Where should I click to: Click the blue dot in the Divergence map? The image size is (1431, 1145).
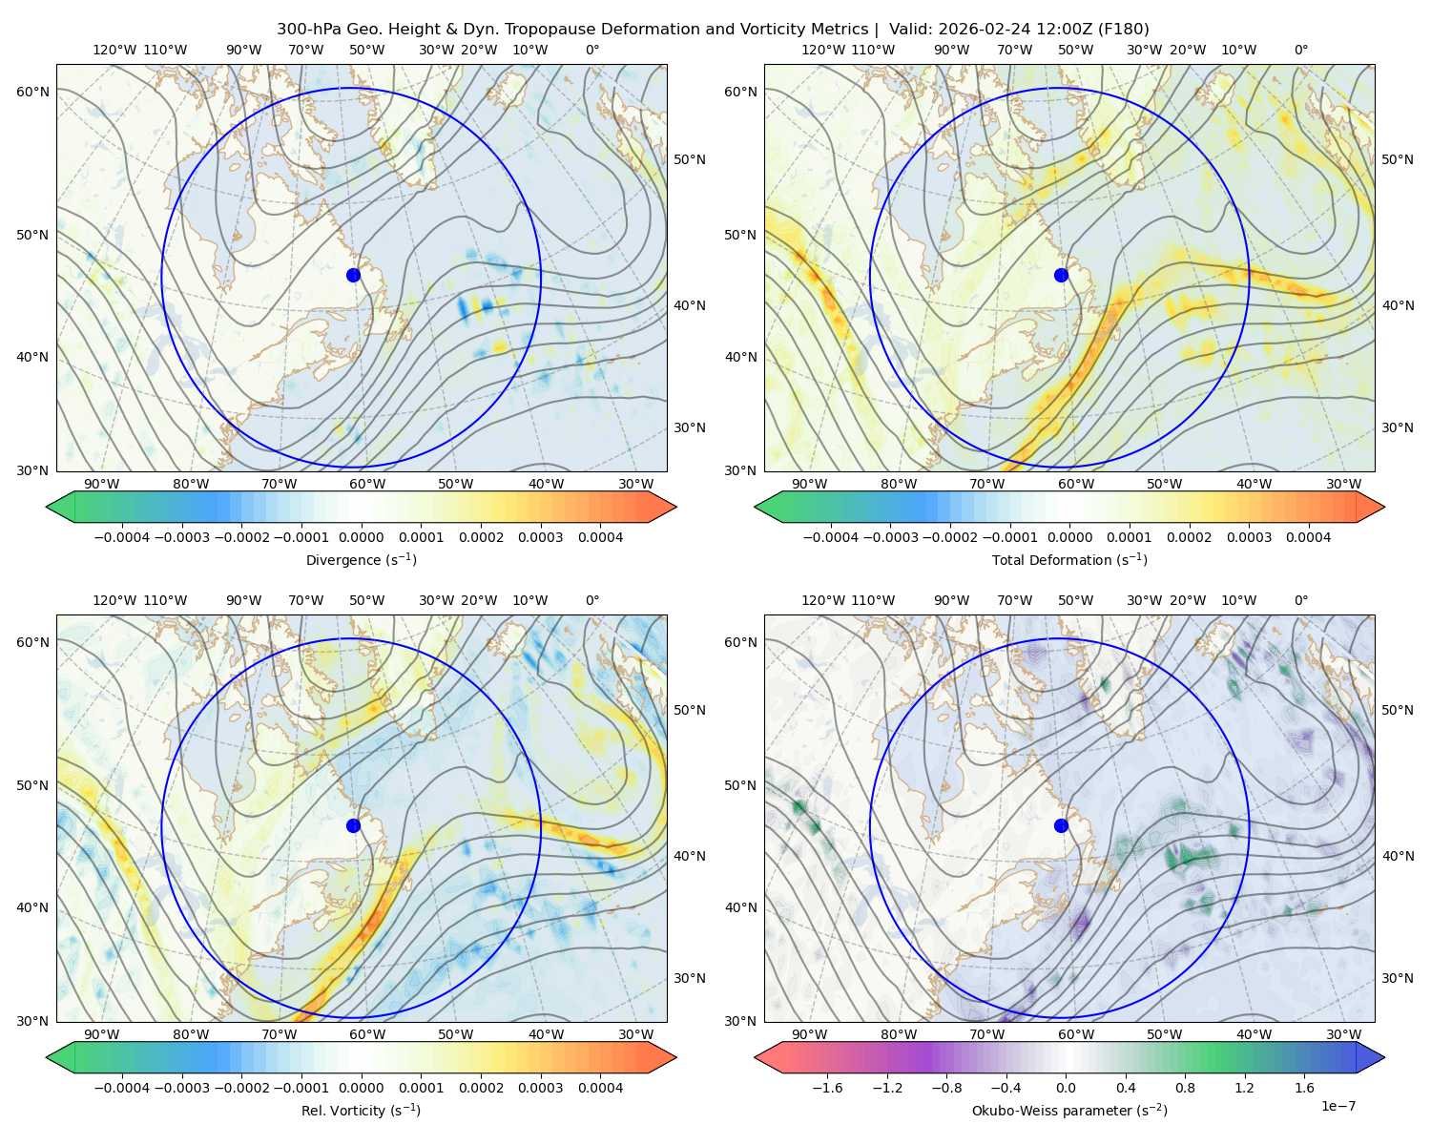pyautogui.click(x=353, y=275)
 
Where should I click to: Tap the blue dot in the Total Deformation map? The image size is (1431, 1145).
pyautogui.click(x=1061, y=275)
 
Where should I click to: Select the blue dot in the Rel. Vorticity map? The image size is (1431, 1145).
pyautogui.click(x=353, y=825)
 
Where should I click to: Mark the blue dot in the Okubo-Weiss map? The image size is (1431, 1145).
pyautogui.click(x=1061, y=825)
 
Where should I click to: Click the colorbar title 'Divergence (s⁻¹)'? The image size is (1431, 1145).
pyautogui.click(x=361, y=559)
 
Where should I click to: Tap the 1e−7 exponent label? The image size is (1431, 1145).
pyautogui.click(x=1338, y=1106)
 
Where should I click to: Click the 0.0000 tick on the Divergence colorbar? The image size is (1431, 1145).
pyautogui.click(x=361, y=537)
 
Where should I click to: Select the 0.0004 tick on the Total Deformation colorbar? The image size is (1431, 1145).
pyautogui.click(x=1308, y=537)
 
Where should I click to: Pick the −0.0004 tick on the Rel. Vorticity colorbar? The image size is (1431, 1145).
pyautogui.click(x=122, y=1088)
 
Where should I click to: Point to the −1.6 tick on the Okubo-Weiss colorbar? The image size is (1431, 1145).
pyautogui.click(x=827, y=1088)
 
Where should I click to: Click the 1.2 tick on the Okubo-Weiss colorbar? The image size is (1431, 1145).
pyautogui.click(x=1244, y=1088)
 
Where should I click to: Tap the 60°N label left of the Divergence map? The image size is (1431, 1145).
pyautogui.click(x=32, y=92)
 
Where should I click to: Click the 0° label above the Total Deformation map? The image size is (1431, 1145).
pyautogui.click(x=1300, y=50)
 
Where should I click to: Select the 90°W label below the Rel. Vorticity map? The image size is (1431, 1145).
pyautogui.click(x=102, y=1034)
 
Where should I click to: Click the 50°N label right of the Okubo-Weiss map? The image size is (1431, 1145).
pyautogui.click(x=1397, y=709)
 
